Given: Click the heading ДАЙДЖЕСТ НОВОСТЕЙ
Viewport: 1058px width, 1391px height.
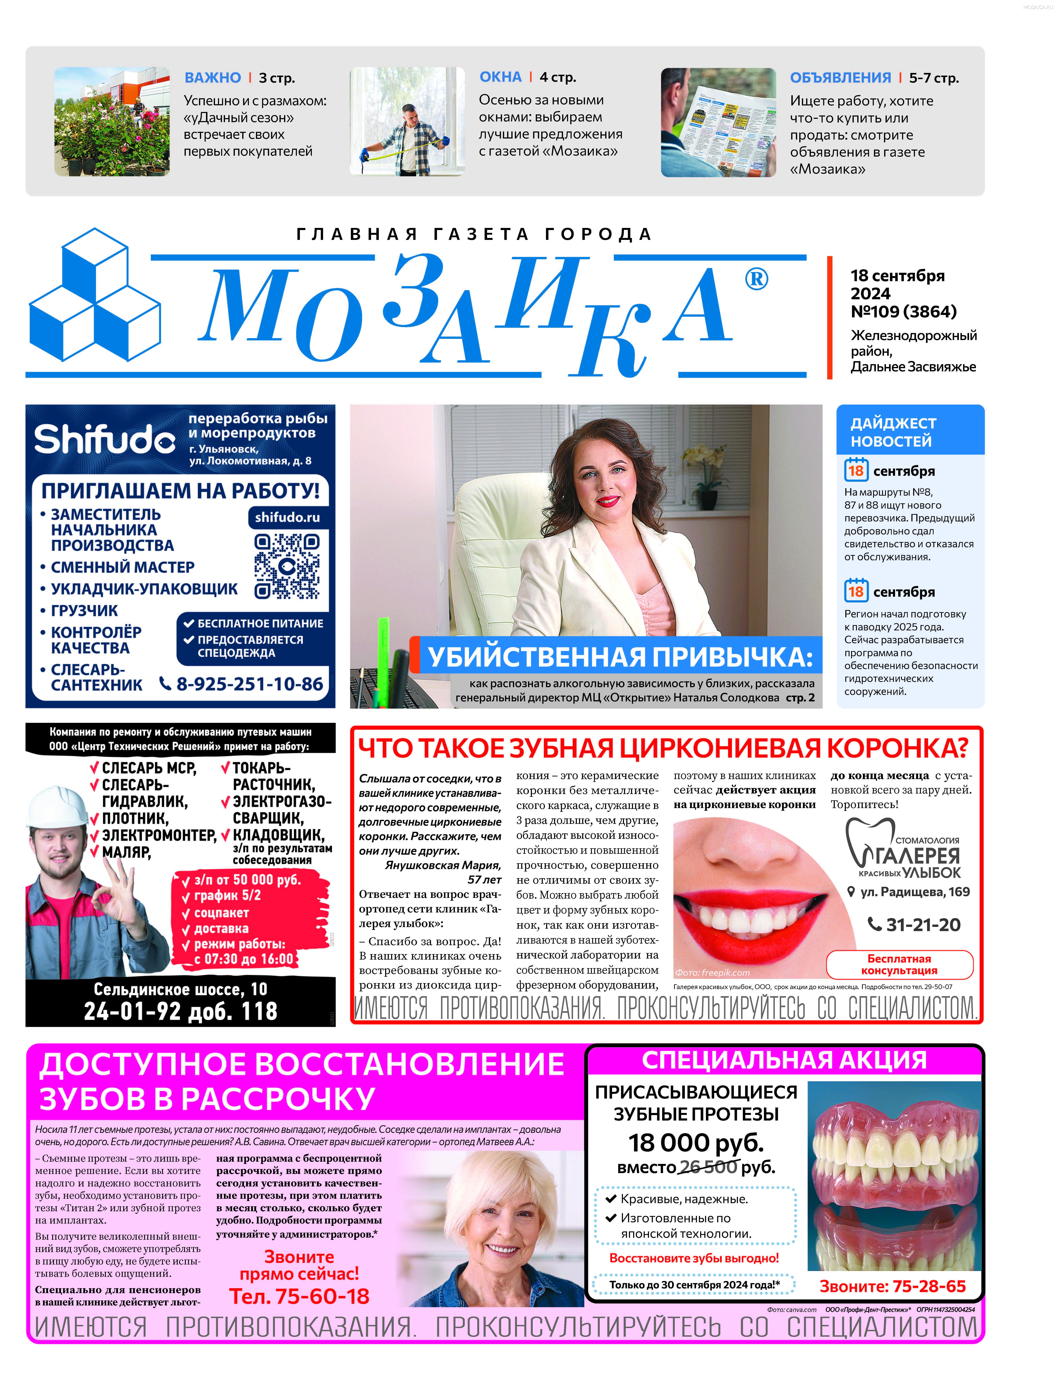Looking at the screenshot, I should [893, 432].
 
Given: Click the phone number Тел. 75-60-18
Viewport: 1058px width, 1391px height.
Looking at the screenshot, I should [299, 1296].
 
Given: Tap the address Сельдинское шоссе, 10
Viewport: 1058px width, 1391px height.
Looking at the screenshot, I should [180, 989].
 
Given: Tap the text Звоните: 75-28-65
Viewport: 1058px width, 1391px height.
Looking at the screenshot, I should [892, 1286].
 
